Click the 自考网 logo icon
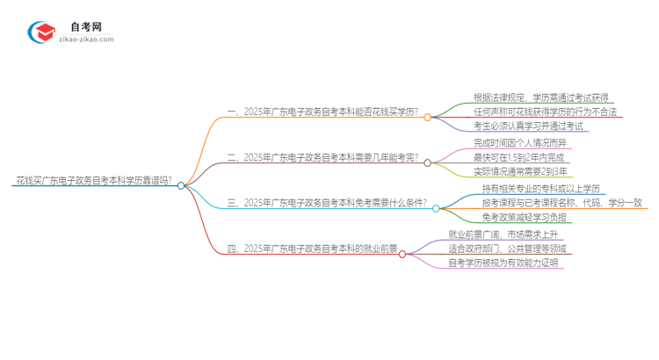point(41,32)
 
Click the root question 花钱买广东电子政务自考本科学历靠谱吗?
point(93,181)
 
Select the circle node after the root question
point(181,186)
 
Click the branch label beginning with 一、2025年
point(322,115)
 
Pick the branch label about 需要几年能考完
point(322,158)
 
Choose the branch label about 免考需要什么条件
point(327,204)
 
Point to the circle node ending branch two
point(428,162)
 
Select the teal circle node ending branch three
point(436,208)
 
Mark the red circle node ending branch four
point(402,254)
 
